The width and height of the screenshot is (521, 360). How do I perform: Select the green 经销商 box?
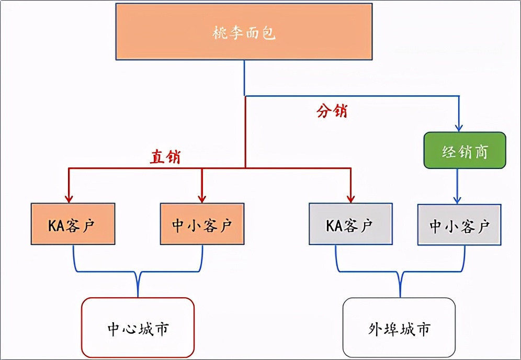point(465,150)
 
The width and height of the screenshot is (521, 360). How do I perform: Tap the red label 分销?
point(332,111)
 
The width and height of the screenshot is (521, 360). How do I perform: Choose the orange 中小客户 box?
point(201,224)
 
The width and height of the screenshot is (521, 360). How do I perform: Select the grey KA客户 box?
point(350,224)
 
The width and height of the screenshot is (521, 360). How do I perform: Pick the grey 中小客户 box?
point(459,224)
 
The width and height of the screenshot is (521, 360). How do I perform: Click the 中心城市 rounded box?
point(138,328)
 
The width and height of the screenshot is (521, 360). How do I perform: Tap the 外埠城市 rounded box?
point(399,328)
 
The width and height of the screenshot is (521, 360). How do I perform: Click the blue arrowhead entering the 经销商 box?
point(459,127)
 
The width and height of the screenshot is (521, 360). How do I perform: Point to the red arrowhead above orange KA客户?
point(69,198)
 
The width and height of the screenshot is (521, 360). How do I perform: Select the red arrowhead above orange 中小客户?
point(201,198)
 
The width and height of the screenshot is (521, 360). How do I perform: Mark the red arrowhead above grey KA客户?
point(350,198)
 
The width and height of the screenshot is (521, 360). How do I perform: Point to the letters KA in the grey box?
point(334,225)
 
